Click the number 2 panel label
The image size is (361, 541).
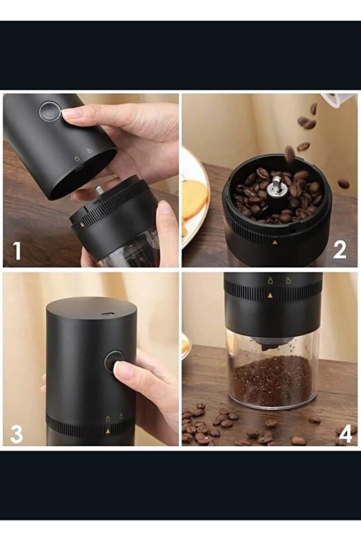(x=339, y=250)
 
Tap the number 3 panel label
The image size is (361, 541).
(x=16, y=434)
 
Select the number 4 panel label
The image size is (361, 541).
(x=346, y=434)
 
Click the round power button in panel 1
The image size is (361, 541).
(x=49, y=111)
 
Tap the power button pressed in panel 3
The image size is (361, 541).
(x=114, y=361)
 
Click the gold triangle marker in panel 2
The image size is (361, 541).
(x=275, y=242)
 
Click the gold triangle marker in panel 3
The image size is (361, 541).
(x=108, y=431)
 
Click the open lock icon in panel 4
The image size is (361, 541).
(x=287, y=280)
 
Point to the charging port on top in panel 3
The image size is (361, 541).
(x=108, y=314)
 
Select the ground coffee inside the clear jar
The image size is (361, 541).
(x=273, y=381)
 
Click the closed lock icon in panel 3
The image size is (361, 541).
(x=108, y=419)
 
